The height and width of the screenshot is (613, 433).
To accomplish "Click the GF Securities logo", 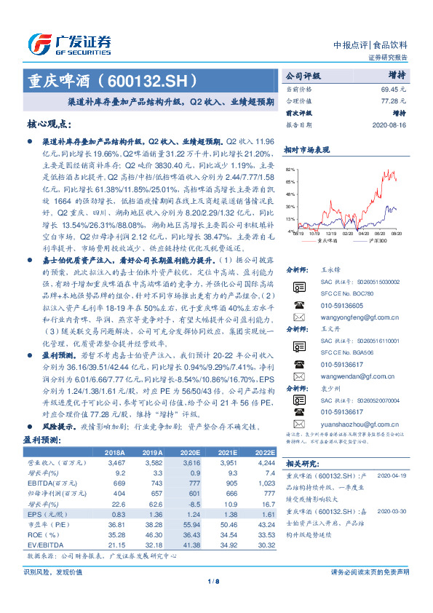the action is click(x=69, y=43).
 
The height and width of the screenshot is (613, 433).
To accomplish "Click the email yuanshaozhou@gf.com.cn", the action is click(x=356, y=422).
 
